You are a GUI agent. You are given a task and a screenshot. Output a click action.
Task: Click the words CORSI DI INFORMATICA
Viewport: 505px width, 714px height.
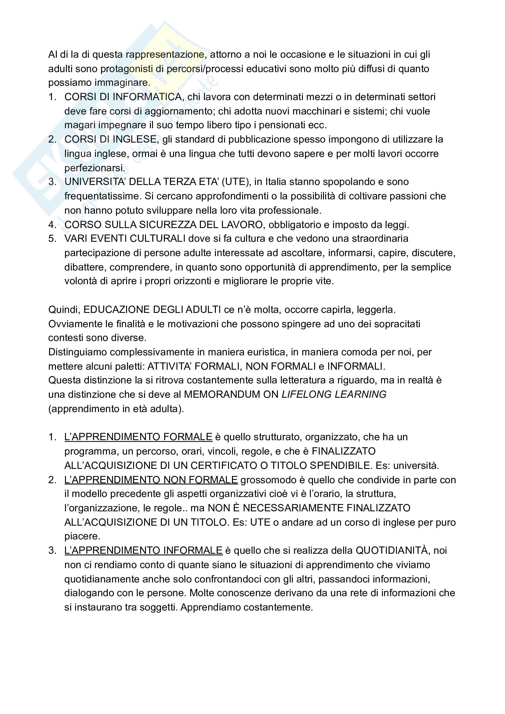point(123,97)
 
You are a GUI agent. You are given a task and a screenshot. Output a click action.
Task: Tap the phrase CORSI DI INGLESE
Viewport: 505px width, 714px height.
point(110,139)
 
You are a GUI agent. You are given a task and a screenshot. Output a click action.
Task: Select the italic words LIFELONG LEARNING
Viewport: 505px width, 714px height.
point(334,394)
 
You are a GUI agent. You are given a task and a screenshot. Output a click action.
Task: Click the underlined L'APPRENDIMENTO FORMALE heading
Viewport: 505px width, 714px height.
point(138,437)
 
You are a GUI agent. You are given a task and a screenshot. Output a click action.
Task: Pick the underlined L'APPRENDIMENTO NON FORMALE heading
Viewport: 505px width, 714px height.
point(151,480)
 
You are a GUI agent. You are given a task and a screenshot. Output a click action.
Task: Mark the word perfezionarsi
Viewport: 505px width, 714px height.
point(95,168)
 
